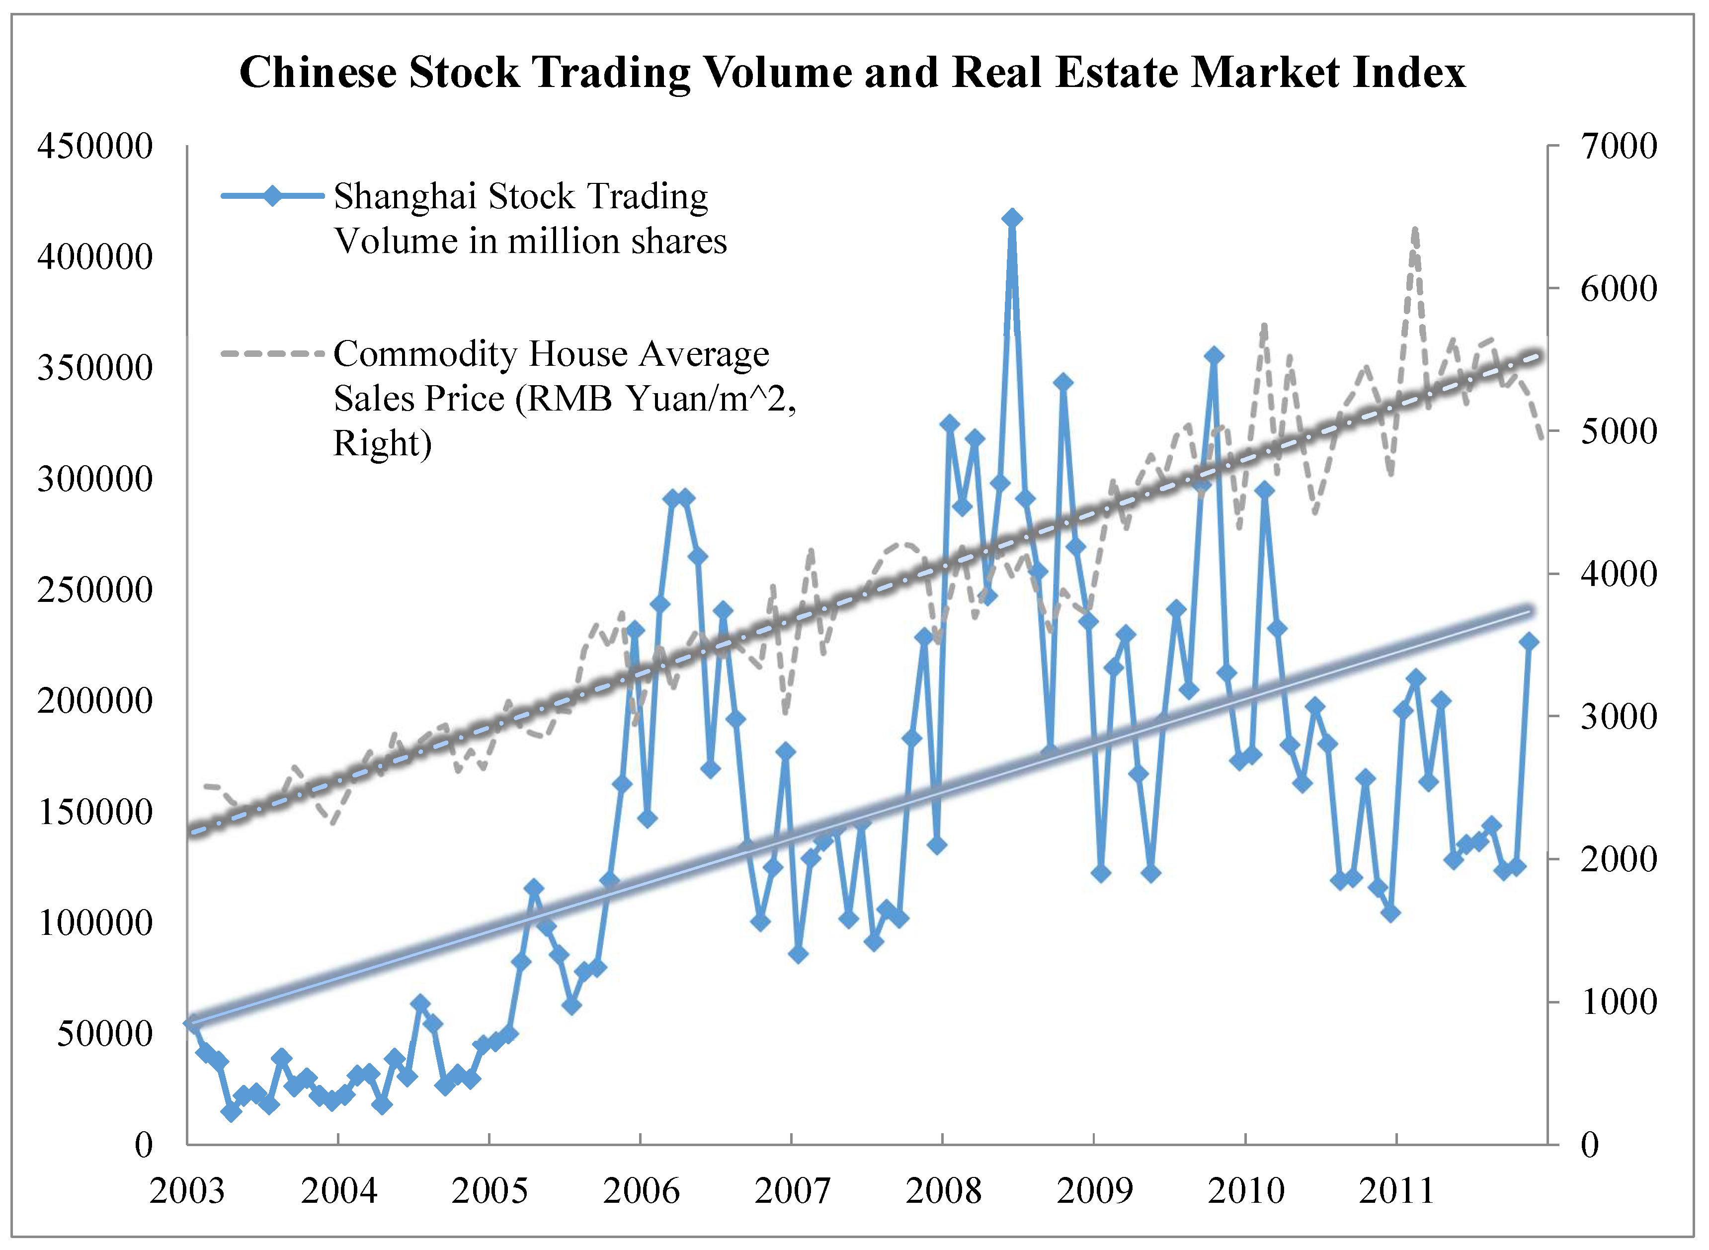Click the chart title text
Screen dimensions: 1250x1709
[853, 73]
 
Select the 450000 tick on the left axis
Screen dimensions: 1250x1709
[94, 146]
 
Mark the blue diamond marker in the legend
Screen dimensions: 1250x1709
[272, 196]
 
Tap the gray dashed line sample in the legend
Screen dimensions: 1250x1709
[272, 353]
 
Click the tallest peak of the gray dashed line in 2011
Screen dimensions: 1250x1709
[1415, 229]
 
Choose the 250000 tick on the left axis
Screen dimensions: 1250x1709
[94, 589]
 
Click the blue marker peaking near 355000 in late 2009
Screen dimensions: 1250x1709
[1214, 356]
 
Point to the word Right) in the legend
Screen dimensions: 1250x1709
[382, 443]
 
